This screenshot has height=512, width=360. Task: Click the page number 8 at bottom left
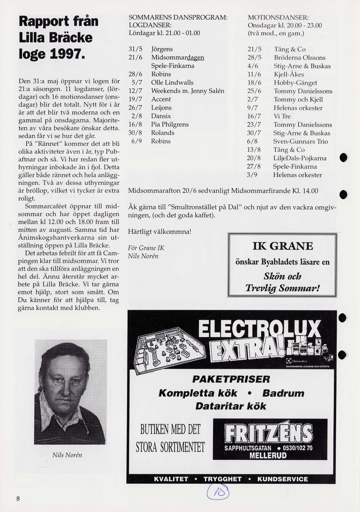(18, 499)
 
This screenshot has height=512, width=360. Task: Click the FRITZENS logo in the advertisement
(269, 432)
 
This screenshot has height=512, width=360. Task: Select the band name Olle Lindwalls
(172, 82)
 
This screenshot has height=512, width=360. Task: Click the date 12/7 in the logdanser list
(135, 91)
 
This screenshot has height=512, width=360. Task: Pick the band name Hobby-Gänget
(295, 83)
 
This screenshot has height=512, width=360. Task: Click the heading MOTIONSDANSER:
(278, 17)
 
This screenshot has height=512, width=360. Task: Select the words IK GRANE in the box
(283, 246)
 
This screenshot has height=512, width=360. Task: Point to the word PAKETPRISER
(231, 380)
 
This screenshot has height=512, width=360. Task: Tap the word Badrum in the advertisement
(283, 393)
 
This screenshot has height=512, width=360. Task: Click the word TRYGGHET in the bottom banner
(222, 479)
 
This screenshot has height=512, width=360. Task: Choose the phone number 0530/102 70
(294, 448)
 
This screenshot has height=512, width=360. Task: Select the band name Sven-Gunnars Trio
(301, 141)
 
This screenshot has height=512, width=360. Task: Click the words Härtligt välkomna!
(159, 231)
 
